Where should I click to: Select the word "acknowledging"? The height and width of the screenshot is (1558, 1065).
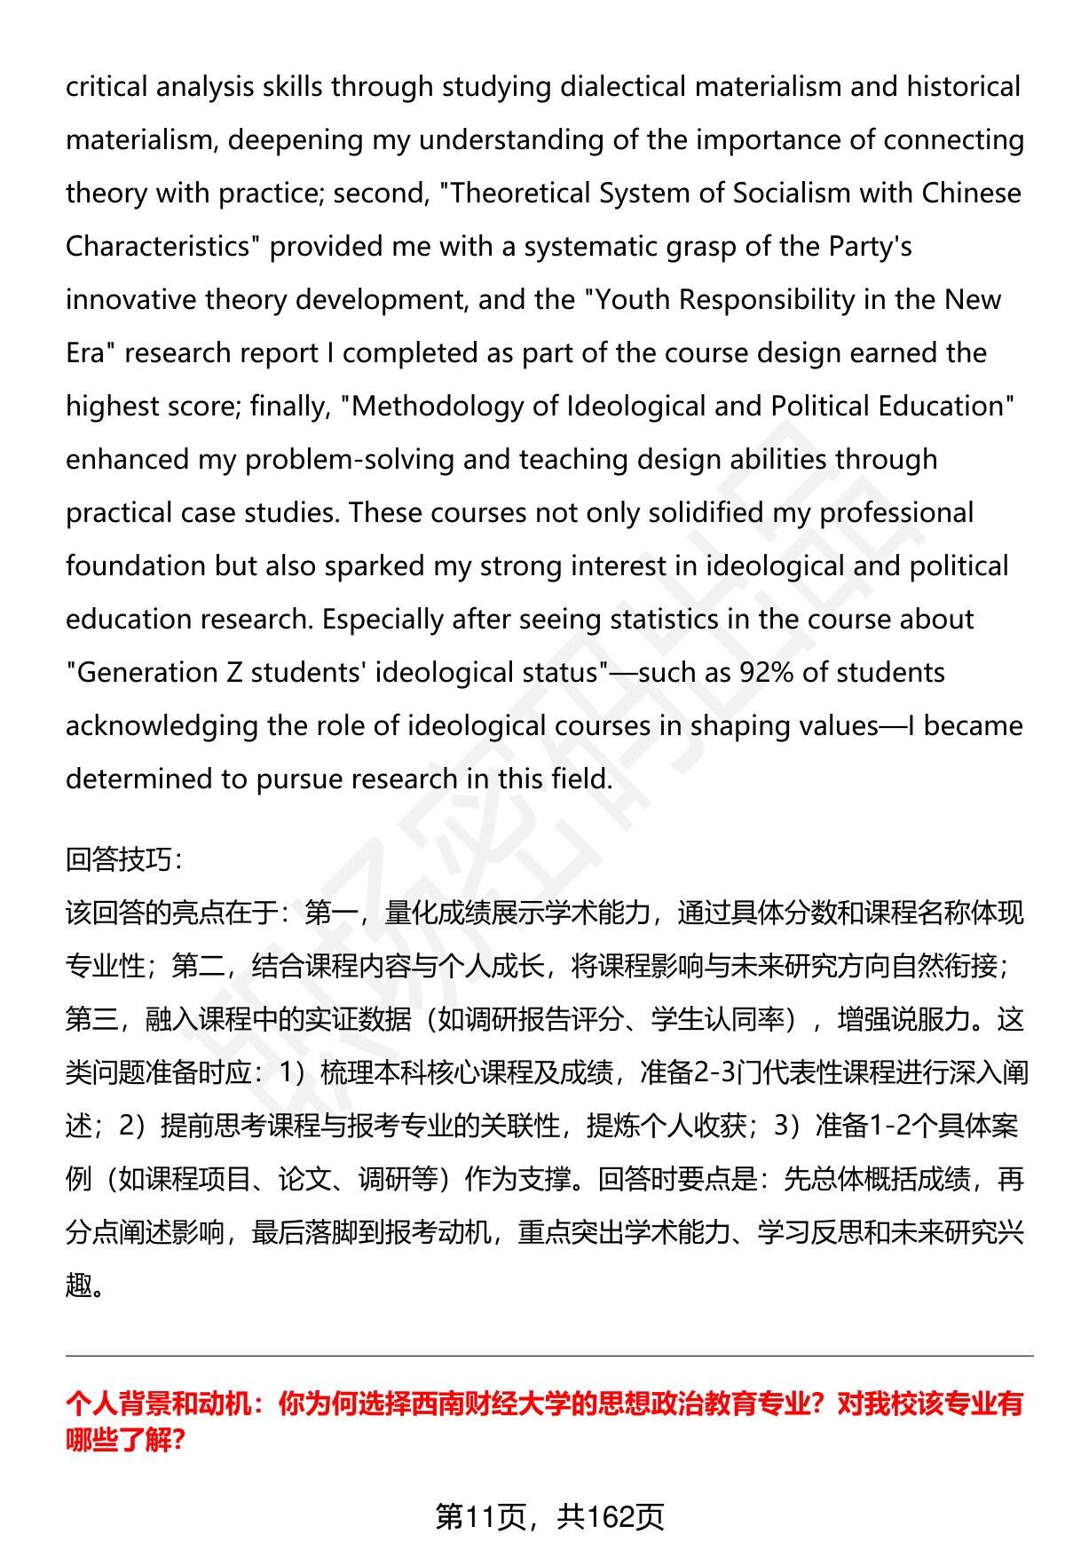coord(161,726)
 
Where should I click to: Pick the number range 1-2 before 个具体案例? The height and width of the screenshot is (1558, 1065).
coord(889,1127)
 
